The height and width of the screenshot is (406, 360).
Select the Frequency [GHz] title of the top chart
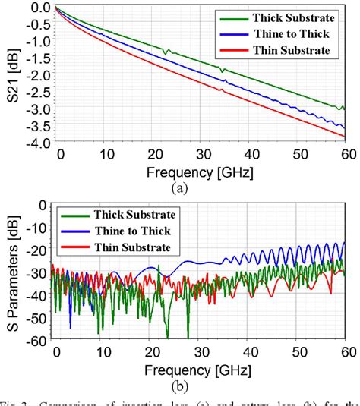[201, 172]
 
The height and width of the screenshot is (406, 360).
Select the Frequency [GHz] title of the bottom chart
[201, 370]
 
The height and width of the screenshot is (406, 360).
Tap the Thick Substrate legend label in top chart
[293, 17]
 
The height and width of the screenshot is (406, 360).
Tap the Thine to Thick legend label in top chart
[289, 33]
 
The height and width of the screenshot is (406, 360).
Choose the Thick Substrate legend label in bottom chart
[135, 215]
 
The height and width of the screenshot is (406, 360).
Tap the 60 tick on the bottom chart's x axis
[346, 353]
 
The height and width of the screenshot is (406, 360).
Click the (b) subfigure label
[201, 385]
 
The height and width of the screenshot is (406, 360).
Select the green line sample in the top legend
[230, 17]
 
